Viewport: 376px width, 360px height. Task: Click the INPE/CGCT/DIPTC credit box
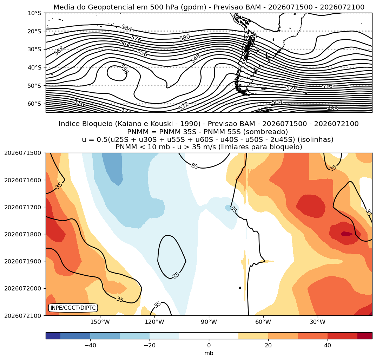coord(73,308)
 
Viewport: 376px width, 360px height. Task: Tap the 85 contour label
coord(195,166)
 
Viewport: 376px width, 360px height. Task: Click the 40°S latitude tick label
coord(34,67)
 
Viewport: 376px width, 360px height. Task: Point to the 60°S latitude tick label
coord(34,104)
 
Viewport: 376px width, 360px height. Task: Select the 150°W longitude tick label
coord(100,322)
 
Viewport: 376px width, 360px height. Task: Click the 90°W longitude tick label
coord(209,322)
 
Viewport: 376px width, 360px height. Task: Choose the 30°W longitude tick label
coord(317,322)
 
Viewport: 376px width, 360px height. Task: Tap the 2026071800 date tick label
coord(22,234)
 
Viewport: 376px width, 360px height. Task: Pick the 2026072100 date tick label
coord(22,315)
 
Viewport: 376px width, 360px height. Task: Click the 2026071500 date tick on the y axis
coord(22,153)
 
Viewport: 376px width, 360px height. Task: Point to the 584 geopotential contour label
coord(127,28)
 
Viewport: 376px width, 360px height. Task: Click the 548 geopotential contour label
coord(196,59)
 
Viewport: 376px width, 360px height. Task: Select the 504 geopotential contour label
coord(277,103)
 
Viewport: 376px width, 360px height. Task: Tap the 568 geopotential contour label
coord(59,51)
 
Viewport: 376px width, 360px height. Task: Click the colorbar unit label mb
coord(209,353)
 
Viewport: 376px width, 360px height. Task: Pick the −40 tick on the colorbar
coord(91,345)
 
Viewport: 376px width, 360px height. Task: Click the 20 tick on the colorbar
coord(268,345)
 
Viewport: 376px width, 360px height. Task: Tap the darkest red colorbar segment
coord(365,336)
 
